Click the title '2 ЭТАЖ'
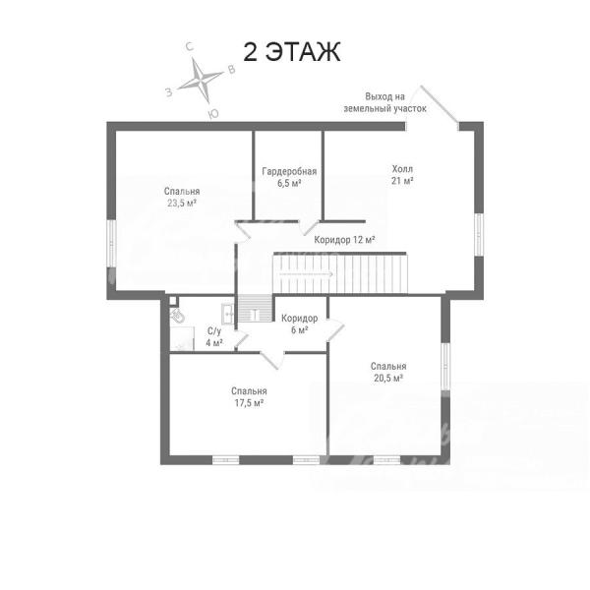click(x=292, y=51)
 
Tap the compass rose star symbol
click(x=200, y=81)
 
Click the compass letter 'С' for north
click(x=190, y=46)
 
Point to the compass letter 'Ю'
click(x=213, y=114)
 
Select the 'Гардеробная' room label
click(x=289, y=171)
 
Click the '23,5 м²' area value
click(x=182, y=204)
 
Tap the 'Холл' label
click(x=402, y=168)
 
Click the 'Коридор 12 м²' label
click(x=344, y=240)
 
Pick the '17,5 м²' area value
click(x=249, y=403)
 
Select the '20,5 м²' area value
click(x=388, y=378)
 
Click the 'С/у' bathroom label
click(x=214, y=331)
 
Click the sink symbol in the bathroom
click(x=227, y=313)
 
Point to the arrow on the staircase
click(x=306, y=274)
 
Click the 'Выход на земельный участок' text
click(x=384, y=102)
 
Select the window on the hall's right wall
click(x=478, y=234)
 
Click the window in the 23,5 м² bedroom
click(x=111, y=244)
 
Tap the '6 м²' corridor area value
click(x=300, y=330)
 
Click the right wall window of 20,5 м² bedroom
click(x=445, y=367)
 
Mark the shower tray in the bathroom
click(x=182, y=338)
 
